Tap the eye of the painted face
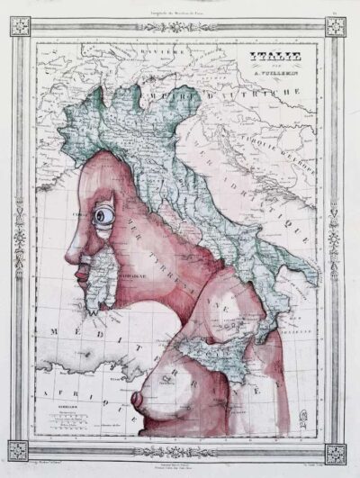coord(105,216)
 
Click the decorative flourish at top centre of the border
coord(180,26)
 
